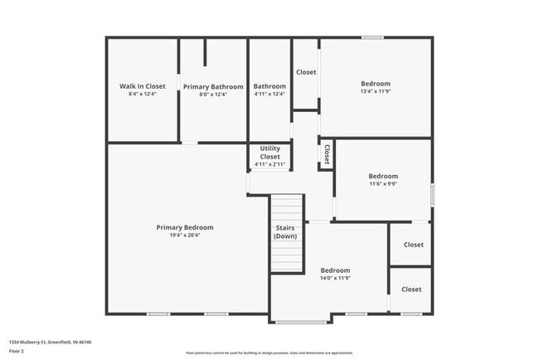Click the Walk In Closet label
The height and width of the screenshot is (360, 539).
(143, 86)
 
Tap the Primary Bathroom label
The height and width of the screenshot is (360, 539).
(213, 86)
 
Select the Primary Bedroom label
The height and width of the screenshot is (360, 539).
(185, 227)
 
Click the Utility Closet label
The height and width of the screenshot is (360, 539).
(270, 153)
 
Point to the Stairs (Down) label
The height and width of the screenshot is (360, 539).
(286, 231)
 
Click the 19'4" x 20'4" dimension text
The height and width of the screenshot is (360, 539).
(185, 236)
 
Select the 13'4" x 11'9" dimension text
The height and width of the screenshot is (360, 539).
(376, 91)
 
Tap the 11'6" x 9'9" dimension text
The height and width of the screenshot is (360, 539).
(383, 184)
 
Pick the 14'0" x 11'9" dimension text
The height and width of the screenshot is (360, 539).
(335, 279)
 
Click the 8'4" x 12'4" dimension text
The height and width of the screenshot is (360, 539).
(143, 95)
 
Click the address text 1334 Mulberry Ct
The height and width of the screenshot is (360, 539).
(50, 342)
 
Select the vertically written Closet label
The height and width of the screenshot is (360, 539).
(327, 153)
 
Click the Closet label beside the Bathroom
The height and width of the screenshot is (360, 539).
(306, 72)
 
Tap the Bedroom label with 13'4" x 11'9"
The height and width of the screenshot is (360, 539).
(376, 83)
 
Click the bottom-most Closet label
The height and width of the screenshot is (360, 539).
(411, 289)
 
